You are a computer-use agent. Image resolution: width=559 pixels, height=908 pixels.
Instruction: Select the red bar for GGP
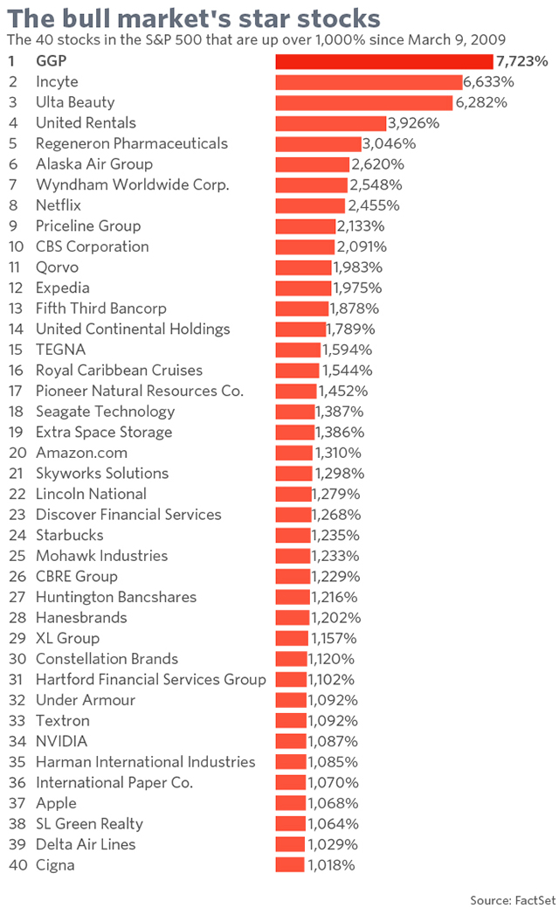pos(384,61)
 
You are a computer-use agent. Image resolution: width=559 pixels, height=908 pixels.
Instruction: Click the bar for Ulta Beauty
pos(364,102)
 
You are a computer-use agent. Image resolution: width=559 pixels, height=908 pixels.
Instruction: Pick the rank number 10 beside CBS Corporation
pos(15,246)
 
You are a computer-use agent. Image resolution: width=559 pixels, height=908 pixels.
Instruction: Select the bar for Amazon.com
pos(293,453)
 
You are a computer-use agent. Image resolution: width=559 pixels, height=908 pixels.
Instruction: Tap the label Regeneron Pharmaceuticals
pos(131,143)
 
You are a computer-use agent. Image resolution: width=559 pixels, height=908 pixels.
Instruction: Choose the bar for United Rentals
pos(330,123)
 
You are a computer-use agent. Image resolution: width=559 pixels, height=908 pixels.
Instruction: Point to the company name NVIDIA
pos(62,741)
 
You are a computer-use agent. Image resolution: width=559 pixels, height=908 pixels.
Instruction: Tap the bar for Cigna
pos(290,865)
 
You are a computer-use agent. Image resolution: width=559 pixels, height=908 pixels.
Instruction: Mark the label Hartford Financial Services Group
pos(150,679)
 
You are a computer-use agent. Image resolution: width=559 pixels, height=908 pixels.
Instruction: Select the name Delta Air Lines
pos(86,844)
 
